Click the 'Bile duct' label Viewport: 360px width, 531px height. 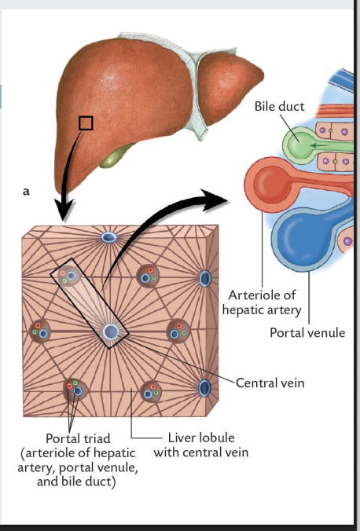(x=280, y=105)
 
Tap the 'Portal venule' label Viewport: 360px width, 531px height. (x=307, y=333)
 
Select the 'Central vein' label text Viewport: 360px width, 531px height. (x=272, y=383)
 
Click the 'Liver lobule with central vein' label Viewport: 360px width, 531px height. (x=200, y=445)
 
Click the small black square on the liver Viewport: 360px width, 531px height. (x=86, y=123)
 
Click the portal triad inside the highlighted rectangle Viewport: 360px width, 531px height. (x=71, y=277)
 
